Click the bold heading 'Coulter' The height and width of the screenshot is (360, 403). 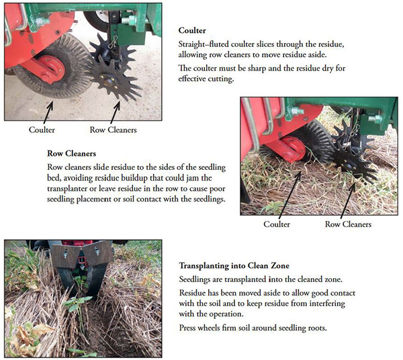[x=192, y=31]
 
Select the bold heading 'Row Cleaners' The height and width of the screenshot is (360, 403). [x=71, y=154]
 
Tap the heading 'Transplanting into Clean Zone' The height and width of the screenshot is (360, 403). [x=234, y=265]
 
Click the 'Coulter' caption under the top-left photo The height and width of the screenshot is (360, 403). [x=42, y=130]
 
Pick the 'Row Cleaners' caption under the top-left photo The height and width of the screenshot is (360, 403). [x=113, y=130]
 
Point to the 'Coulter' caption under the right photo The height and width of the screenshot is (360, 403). [x=277, y=224]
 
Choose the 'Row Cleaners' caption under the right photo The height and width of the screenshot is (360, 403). [x=348, y=224]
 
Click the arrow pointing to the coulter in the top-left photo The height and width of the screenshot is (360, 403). [x=48, y=112]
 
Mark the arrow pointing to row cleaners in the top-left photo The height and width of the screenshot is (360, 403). [x=115, y=112]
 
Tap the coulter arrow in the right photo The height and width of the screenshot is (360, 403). [x=290, y=195]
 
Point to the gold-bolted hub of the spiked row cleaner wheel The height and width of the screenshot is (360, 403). [x=109, y=81]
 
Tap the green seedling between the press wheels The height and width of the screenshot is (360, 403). [x=79, y=303]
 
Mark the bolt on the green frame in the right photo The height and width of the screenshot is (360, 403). [x=298, y=111]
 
